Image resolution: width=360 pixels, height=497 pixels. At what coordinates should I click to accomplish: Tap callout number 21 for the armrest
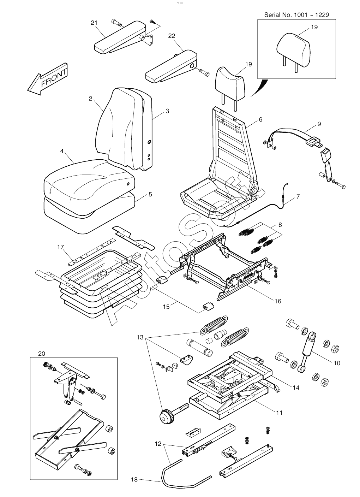point(94,23)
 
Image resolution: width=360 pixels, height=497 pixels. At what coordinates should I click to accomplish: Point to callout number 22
point(172,36)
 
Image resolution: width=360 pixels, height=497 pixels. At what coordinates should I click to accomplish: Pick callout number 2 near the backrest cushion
point(90,99)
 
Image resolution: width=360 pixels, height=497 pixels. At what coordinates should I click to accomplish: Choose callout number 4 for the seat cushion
point(62,151)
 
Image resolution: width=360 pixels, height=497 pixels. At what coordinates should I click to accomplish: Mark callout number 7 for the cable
point(298,197)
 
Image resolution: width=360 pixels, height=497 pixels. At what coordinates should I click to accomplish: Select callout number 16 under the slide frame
point(278,301)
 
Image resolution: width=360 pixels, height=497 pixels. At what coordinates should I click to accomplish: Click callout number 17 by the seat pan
point(61,247)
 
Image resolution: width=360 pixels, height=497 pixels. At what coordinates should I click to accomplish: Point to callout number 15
point(166,307)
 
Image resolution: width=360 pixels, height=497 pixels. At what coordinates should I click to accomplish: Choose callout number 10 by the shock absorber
point(337,363)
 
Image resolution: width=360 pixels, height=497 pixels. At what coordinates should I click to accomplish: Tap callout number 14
point(296,387)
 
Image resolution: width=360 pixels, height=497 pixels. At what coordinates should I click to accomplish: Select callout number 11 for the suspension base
point(279,412)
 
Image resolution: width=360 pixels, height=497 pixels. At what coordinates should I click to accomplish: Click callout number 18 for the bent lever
point(134,479)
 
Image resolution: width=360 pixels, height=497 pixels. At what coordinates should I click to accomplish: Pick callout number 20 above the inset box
point(42,354)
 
